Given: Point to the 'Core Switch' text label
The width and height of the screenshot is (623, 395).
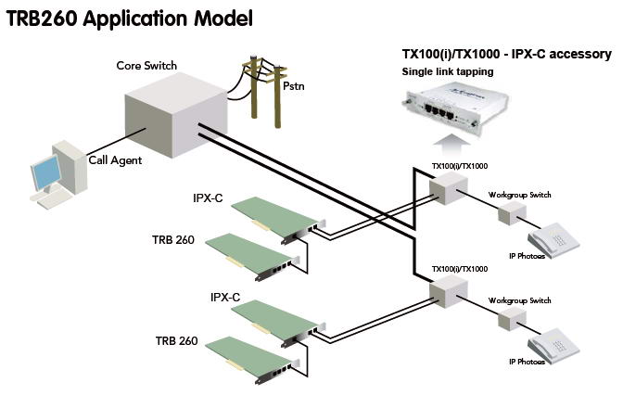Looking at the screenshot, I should pyautogui.click(x=146, y=66).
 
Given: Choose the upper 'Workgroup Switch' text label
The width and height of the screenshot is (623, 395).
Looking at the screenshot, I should pyautogui.click(x=520, y=197).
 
